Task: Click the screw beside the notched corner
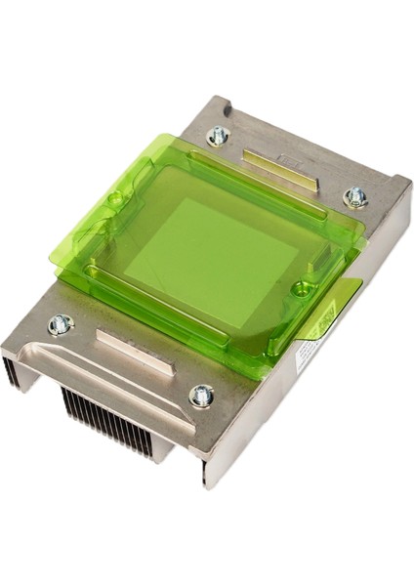(218, 136)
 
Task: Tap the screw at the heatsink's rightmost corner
(355, 198)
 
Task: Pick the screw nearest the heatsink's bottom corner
(202, 396)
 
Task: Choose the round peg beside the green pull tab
(302, 288)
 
